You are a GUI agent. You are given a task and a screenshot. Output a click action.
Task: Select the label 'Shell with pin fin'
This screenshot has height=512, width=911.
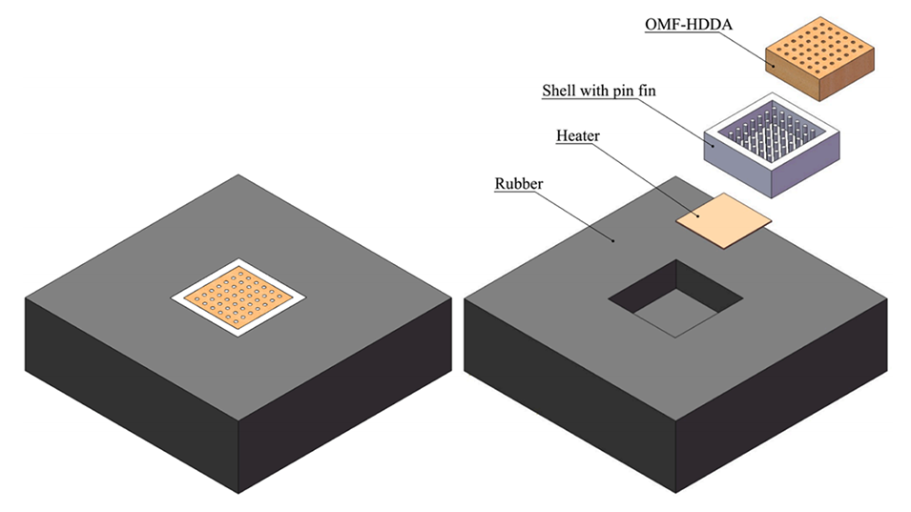point(598,92)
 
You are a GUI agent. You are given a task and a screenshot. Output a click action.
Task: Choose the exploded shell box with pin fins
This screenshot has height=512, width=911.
point(773,143)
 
